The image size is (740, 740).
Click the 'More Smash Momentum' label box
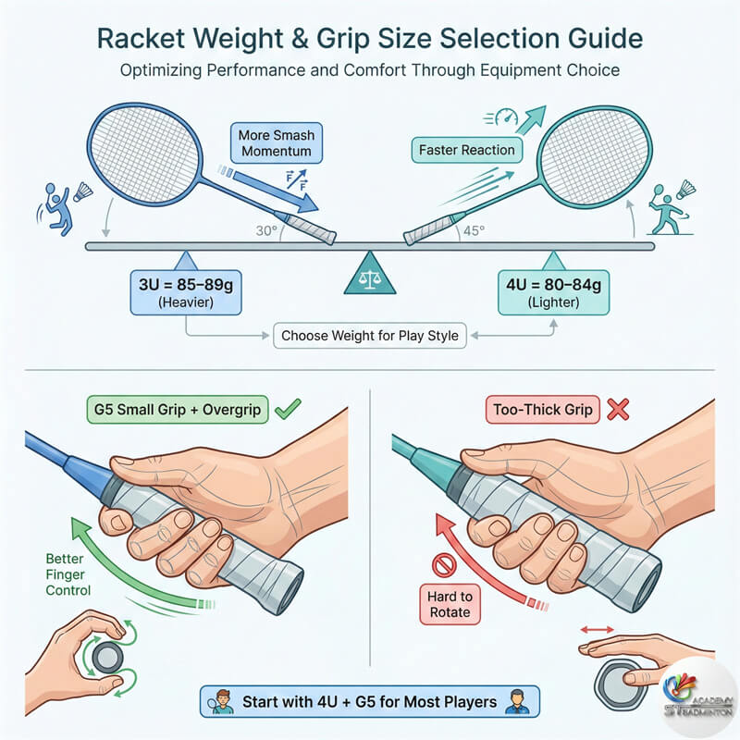[277, 143]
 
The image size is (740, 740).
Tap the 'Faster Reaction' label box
[467, 150]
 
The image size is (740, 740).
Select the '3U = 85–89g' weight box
[186, 292]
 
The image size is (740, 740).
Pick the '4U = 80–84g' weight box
[553, 292]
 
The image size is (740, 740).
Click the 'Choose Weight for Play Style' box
[370, 336]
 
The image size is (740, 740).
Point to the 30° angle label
[266, 230]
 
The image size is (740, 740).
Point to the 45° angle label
[474, 230]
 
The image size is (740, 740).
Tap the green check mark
[288, 409]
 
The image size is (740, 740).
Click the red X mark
[618, 409]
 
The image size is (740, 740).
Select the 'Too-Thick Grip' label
[543, 410]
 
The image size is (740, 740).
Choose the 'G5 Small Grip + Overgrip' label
[178, 409]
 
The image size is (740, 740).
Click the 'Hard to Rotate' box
[450, 605]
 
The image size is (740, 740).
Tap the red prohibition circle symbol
[444, 565]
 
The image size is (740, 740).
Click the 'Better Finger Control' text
[68, 574]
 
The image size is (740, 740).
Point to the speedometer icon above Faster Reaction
[506, 117]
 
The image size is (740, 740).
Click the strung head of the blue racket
[145, 154]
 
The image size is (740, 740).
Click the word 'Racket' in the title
[141, 38]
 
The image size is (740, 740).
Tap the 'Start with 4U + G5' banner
[369, 702]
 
